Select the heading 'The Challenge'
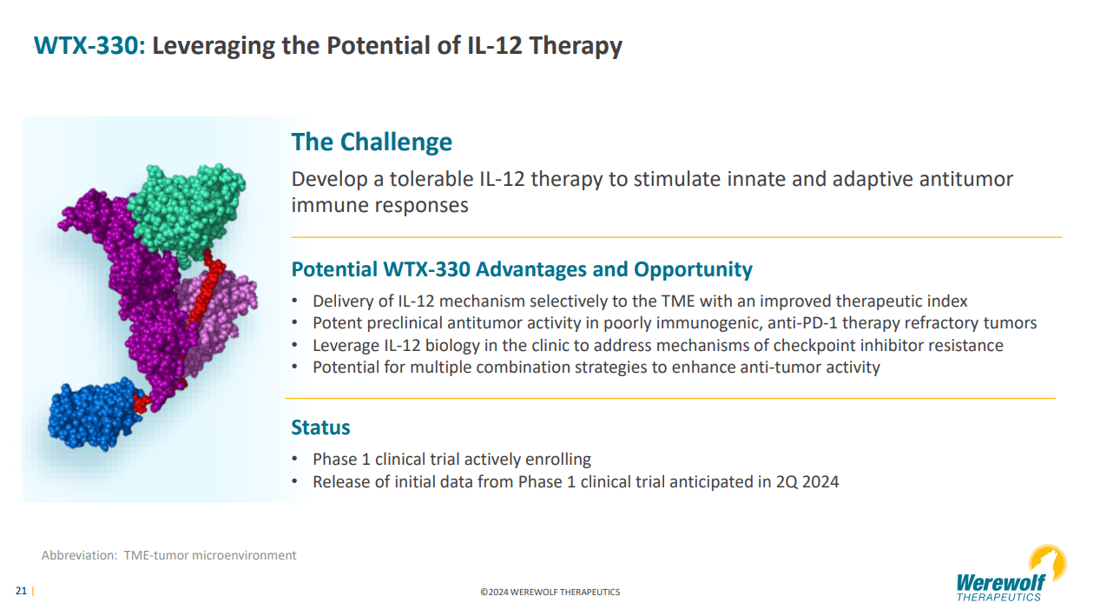coord(372,142)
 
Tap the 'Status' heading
coord(320,427)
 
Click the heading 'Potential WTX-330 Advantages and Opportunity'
coord(522,269)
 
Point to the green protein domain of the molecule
coord(186,205)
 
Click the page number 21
coord(21,592)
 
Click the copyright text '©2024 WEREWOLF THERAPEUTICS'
coord(550,593)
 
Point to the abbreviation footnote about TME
coord(169,555)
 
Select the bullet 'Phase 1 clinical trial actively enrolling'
coord(451,459)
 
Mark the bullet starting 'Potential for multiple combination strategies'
coord(596,367)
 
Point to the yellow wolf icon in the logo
coord(1048,561)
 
